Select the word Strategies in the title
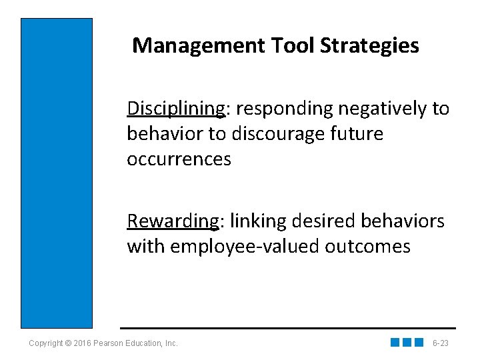[x=370, y=46]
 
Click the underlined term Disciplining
[x=175, y=109]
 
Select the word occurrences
[x=179, y=159]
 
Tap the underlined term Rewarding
[x=173, y=221]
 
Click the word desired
[x=321, y=221]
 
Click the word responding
[x=279, y=109]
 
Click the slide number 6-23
[x=441, y=343]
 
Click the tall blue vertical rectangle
[x=57, y=173]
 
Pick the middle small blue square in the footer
[x=407, y=343]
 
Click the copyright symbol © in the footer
[x=69, y=343]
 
